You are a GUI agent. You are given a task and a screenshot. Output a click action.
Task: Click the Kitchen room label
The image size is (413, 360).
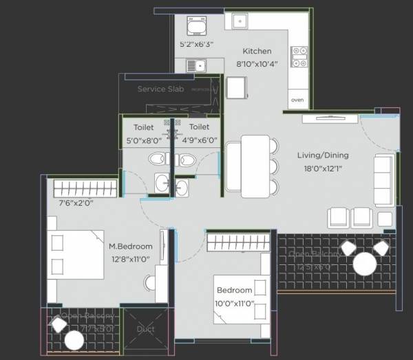(x=257, y=51)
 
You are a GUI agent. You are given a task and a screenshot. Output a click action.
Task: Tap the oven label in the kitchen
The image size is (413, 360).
(x=297, y=100)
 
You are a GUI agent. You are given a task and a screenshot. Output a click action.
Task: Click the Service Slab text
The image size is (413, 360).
(x=160, y=89)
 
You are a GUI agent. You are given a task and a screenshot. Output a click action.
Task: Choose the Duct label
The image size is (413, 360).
(x=145, y=329)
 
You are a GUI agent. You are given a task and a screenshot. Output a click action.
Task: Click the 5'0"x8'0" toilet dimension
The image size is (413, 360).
(x=144, y=140)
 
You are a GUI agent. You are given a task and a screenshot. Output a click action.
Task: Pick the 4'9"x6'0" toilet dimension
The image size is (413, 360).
(x=199, y=140)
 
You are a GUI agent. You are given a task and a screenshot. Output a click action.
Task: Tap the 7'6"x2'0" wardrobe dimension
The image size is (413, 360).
(x=76, y=203)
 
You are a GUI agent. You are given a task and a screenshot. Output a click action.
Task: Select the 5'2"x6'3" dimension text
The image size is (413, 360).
(x=197, y=44)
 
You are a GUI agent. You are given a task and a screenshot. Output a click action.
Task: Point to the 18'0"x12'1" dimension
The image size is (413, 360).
(x=319, y=167)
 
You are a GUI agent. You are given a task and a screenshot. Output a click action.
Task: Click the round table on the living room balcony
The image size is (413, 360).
(x=364, y=264)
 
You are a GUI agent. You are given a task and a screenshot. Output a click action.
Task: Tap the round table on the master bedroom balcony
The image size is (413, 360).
(x=74, y=340)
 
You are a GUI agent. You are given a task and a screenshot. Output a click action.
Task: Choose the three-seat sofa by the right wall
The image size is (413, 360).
(x=383, y=180)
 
